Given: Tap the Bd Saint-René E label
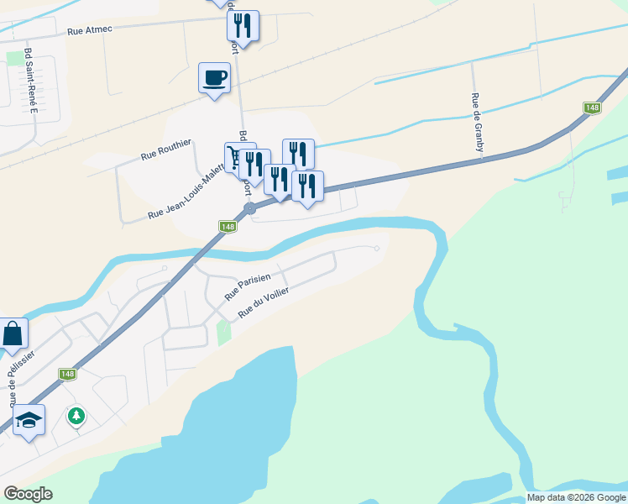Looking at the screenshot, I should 33,80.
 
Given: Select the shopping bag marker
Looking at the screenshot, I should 13,333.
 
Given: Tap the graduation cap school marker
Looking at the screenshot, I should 29,420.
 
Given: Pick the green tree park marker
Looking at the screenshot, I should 76,415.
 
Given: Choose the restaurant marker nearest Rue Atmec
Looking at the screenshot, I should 243,26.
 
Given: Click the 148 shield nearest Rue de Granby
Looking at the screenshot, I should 593,108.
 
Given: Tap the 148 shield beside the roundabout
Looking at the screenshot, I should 228,226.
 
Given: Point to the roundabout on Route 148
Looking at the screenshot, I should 249,207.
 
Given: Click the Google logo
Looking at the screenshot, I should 28,494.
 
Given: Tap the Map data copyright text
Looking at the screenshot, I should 575,497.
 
